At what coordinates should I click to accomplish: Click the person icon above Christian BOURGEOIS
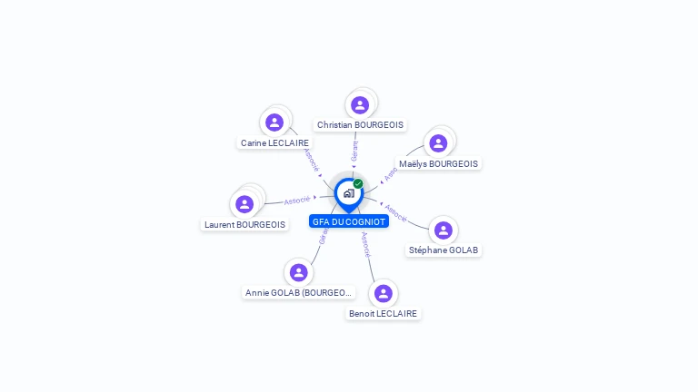pyautogui.click(x=360, y=105)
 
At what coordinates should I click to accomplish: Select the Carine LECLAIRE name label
pyautogui.click(x=274, y=142)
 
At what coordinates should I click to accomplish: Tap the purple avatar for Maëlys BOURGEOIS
pyautogui.click(x=438, y=143)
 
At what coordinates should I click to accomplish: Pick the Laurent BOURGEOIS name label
pyautogui.click(x=244, y=224)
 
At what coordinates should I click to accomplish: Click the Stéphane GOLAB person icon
pyautogui.click(x=444, y=230)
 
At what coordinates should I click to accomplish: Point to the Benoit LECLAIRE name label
pyautogui.click(x=384, y=313)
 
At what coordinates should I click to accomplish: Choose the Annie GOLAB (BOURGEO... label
pyautogui.click(x=298, y=292)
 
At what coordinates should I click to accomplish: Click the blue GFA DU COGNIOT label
pyautogui.click(x=349, y=221)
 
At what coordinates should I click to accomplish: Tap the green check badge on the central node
pyautogui.click(x=358, y=184)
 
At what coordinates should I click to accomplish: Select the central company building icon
pyautogui.click(x=348, y=193)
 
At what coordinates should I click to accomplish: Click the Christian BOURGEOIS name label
pyautogui.click(x=361, y=125)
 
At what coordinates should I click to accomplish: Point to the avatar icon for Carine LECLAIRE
pyautogui.click(x=274, y=122)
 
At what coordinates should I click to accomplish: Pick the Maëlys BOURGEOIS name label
pyautogui.click(x=438, y=163)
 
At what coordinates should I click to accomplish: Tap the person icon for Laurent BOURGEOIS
pyautogui.click(x=244, y=204)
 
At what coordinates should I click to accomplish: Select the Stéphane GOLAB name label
pyautogui.click(x=444, y=250)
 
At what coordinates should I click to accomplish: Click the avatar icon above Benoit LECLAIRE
pyautogui.click(x=384, y=293)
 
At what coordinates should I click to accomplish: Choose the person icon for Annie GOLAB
pyautogui.click(x=298, y=272)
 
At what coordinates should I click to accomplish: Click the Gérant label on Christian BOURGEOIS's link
pyautogui.click(x=355, y=151)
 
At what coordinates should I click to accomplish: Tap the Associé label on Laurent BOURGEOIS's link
pyautogui.click(x=296, y=200)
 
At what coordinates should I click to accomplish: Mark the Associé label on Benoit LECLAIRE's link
pyautogui.click(x=365, y=244)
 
